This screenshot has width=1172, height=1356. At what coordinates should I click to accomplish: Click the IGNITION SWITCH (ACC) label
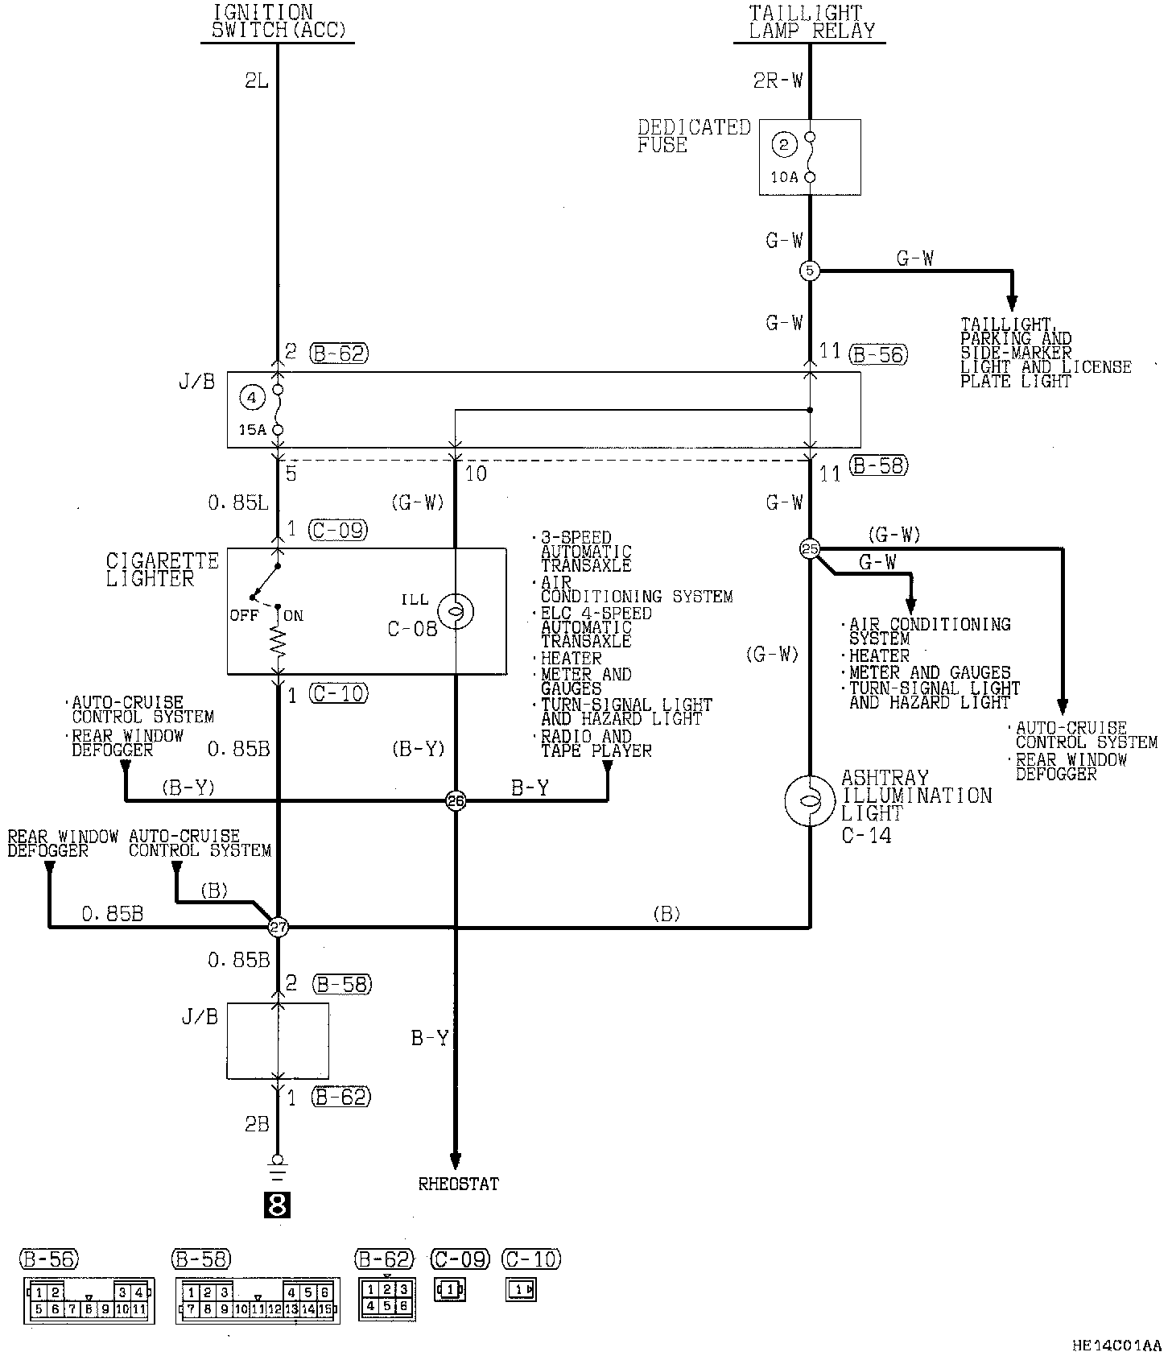click(278, 23)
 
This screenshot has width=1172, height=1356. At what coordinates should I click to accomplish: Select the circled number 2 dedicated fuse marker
click(783, 145)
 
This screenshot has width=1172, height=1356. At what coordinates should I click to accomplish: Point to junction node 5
click(810, 271)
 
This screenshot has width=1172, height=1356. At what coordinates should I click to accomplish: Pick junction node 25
click(809, 549)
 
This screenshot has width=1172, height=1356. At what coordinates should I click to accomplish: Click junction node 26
click(456, 800)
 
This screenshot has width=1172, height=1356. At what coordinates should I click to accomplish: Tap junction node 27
click(278, 928)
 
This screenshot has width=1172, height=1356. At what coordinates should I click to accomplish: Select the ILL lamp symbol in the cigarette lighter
click(456, 613)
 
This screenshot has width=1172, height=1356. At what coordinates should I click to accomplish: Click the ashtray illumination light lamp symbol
click(809, 800)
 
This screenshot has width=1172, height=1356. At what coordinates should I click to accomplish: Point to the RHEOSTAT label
click(458, 1184)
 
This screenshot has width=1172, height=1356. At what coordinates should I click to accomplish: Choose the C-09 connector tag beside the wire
click(337, 530)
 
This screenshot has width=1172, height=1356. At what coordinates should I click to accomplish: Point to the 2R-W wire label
click(778, 80)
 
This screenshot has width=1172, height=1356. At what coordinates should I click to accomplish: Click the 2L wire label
click(256, 81)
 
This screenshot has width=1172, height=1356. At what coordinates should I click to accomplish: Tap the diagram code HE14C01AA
click(1116, 1345)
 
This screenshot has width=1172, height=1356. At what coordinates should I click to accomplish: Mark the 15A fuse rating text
click(252, 430)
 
